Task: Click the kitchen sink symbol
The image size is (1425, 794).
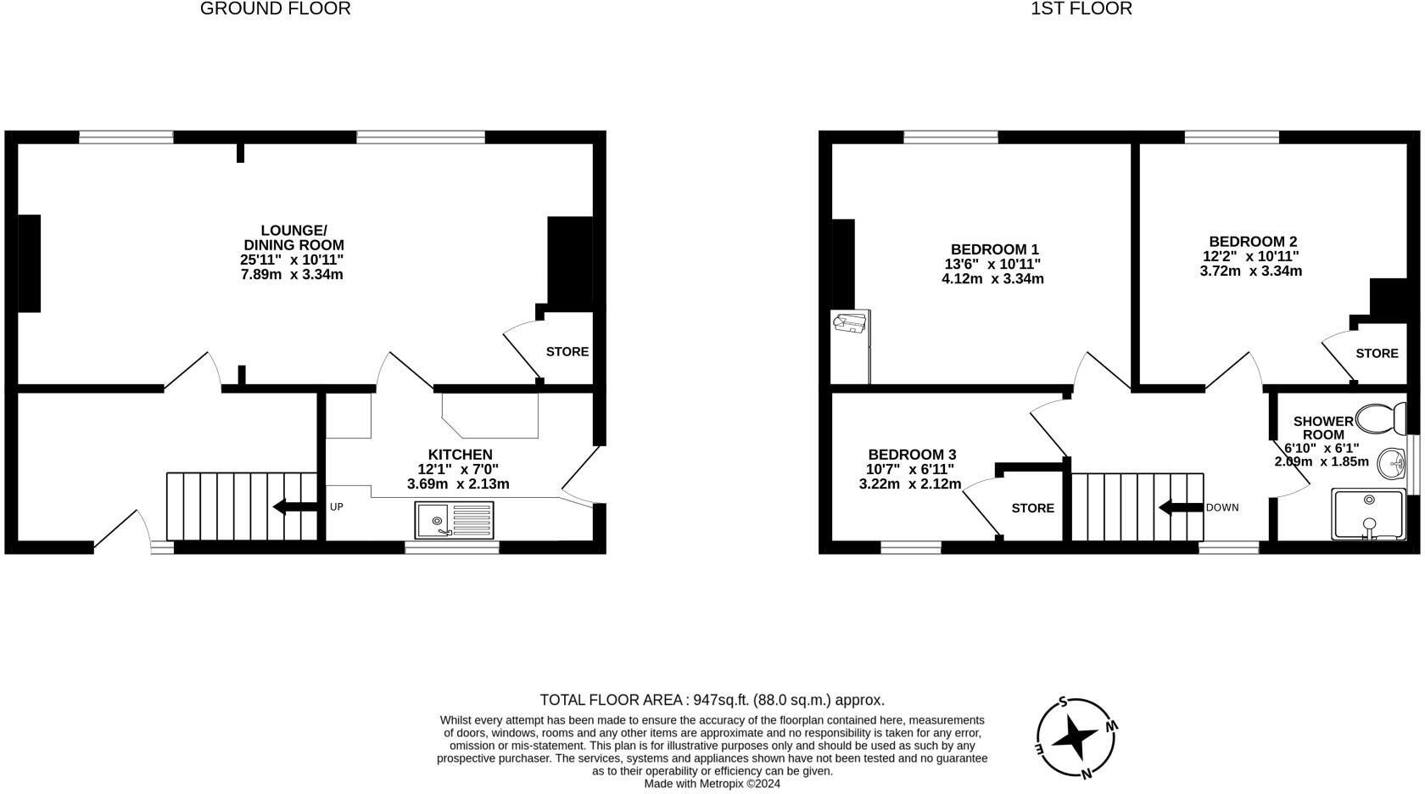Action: (454, 519)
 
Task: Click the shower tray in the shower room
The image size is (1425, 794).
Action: (1369, 514)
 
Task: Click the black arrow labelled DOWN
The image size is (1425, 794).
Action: (1181, 507)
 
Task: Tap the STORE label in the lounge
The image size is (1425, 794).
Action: (567, 351)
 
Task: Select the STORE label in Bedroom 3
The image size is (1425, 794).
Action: (1032, 508)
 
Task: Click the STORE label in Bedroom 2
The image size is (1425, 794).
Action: (1376, 353)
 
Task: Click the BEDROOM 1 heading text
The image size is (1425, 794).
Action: (994, 249)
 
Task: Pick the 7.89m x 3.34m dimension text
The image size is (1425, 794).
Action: (292, 275)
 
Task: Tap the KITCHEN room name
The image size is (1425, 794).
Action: (460, 455)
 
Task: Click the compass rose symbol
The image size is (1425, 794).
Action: (1076, 738)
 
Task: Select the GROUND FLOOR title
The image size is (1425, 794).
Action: (275, 9)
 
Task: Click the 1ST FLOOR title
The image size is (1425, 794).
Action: (1081, 9)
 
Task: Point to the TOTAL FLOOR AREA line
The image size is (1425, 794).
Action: (712, 700)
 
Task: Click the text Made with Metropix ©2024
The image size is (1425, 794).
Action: (712, 784)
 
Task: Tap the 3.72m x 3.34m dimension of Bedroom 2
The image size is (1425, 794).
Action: (1250, 271)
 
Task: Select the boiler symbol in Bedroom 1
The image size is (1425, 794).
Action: (850, 324)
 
